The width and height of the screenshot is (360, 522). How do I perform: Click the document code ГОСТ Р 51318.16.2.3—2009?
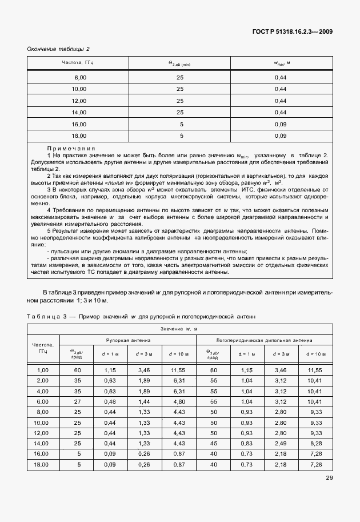pos(291,31)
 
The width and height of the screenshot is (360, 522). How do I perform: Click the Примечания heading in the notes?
pos(71,148)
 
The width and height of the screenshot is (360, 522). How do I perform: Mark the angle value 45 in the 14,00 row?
pos(213,443)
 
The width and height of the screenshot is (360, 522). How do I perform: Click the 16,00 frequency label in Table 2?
pos(79,124)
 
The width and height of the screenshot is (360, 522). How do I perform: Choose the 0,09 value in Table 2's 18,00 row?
pos(279,136)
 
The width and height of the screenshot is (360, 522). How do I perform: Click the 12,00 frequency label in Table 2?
pos(79,101)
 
